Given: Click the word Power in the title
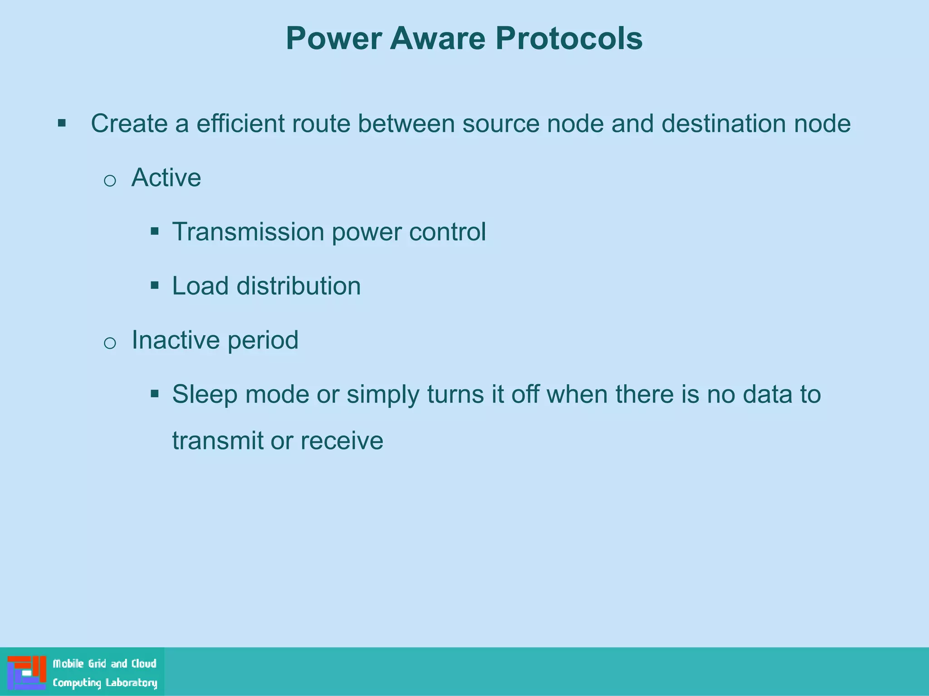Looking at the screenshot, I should click(334, 39).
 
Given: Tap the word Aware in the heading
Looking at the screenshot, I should click(438, 39).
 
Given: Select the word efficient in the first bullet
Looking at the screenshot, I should click(240, 123).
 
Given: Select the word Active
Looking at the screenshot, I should click(166, 178).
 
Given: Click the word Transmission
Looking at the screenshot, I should click(248, 232).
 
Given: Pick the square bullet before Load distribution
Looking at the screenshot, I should click(155, 285).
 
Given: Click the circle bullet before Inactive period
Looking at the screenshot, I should click(110, 343).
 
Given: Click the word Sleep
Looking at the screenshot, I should click(205, 395).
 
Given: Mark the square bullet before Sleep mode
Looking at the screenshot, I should click(155, 394).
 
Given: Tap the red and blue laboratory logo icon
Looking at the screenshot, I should click(27, 672).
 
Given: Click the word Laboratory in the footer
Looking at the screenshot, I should click(132, 683).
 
